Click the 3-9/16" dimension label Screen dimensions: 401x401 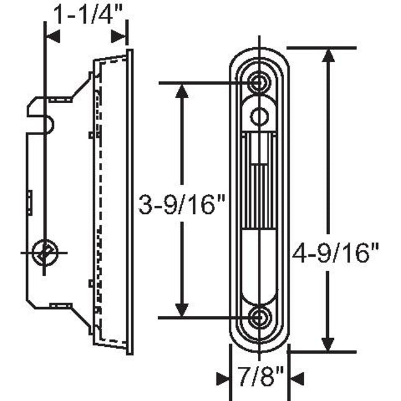181,203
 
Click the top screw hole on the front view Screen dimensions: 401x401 259,82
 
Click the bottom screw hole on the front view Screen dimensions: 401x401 259,317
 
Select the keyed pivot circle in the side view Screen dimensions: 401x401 44,252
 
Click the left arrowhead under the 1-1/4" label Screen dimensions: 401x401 52,37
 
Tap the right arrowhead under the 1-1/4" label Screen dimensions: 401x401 119,37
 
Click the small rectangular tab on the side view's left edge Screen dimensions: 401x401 30,203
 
